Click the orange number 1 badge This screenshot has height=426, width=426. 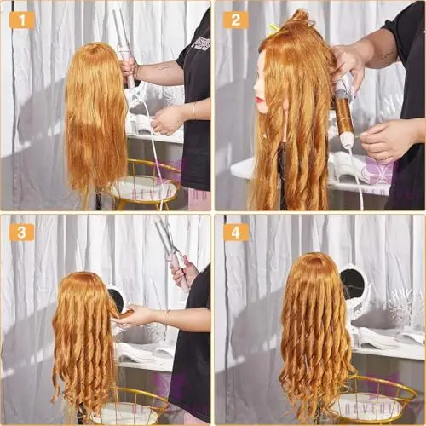pos(21,19)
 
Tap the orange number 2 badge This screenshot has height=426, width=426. pos(235,19)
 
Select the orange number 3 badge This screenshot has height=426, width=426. pos(21,232)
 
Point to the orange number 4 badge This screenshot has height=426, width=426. pos(235,232)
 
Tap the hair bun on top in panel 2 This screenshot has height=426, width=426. pos(300,17)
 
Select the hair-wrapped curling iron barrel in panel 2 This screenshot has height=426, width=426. pos(344,111)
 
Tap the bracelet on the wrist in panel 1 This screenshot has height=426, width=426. pos(193,110)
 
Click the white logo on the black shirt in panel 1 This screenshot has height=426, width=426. pos(201,43)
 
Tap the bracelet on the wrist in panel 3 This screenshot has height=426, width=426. pos(167,317)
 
